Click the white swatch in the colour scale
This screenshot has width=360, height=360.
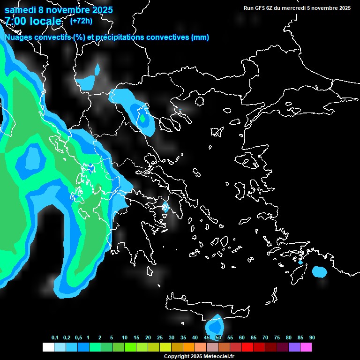point(48,347)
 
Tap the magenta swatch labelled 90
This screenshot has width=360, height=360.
point(306,347)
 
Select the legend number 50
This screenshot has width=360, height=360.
point(218,338)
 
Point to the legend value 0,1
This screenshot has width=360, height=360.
point(55,338)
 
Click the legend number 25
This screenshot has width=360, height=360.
point(160,338)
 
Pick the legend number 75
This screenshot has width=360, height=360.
point(277,338)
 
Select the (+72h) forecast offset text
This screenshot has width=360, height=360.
point(81,21)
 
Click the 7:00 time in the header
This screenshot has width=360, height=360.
point(15,21)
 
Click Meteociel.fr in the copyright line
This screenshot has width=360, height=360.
point(216,357)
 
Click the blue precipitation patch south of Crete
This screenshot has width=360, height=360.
point(215,325)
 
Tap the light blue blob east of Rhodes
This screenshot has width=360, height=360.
point(320,271)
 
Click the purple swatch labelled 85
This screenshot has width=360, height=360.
point(294,347)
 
